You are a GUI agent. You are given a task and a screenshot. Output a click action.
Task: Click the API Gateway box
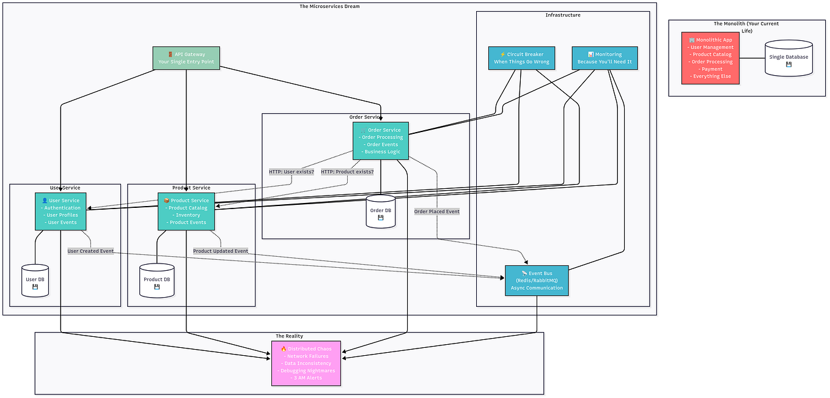coord(186,58)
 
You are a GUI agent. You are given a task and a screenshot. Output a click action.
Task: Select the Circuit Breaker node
coord(521,58)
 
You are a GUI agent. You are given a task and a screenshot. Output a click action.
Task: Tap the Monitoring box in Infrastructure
coord(604,58)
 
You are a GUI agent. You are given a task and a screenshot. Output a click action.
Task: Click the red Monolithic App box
coord(710,58)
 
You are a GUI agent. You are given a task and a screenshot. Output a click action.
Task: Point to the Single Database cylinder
coord(788,58)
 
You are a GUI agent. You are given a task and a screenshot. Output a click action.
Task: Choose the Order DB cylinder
coord(380,212)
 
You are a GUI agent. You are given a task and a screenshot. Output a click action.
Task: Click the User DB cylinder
coord(35,281)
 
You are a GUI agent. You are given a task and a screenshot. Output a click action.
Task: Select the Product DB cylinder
coord(156,281)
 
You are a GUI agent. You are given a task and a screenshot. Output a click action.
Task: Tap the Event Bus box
coord(537,281)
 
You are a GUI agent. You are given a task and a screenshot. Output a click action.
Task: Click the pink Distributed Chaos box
coord(306,363)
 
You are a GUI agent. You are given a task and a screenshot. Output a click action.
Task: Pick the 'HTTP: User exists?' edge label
coord(292,172)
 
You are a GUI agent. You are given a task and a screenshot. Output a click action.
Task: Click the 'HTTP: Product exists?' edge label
coord(347,172)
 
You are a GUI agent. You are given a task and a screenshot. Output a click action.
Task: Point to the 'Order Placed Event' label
coord(437,212)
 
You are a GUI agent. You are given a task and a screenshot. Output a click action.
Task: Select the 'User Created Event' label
coord(90,251)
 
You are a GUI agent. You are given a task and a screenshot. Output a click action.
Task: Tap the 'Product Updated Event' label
coord(221,251)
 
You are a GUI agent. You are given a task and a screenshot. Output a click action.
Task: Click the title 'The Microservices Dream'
coord(329,7)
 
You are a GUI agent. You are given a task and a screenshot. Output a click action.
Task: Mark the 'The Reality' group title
coord(289,336)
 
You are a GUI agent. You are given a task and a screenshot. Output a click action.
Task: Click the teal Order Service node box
coord(380,141)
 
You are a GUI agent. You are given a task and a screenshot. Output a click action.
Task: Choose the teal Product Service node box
coord(186,212)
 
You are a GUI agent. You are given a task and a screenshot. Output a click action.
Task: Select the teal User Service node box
coord(61,212)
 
